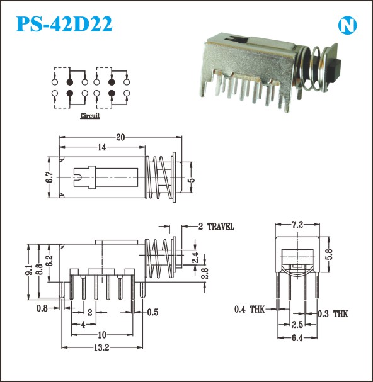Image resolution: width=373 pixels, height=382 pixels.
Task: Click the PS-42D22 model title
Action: [64, 24]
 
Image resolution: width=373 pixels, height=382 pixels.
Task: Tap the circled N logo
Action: [347, 25]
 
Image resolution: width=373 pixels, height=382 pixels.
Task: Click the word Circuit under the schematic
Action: [90, 115]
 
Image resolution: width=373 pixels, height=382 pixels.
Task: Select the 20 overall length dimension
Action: [120, 137]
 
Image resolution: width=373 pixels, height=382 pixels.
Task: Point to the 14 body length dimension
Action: [102, 147]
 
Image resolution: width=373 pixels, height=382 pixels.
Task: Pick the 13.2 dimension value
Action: [101, 347]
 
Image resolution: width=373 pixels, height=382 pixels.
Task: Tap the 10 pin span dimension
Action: [102, 335]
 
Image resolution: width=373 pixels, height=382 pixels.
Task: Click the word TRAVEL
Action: [221, 227]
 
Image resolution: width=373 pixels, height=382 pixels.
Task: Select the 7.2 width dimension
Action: [297, 225]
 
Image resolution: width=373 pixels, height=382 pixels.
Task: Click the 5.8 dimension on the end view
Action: [329, 254]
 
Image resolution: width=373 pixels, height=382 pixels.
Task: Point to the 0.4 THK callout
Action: [250, 310]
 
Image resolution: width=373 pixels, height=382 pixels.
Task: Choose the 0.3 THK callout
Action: [333, 314]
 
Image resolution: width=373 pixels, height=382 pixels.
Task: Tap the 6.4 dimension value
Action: [297, 338]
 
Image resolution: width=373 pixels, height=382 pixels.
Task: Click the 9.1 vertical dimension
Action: [28, 270]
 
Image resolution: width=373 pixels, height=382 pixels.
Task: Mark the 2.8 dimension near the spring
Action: [205, 273]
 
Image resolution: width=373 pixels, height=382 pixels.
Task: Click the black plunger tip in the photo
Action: [333, 71]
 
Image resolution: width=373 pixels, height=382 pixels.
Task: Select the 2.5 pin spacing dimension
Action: [297, 325]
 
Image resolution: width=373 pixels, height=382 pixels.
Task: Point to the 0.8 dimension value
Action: [42, 308]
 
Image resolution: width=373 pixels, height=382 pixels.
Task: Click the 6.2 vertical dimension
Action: [49, 261]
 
